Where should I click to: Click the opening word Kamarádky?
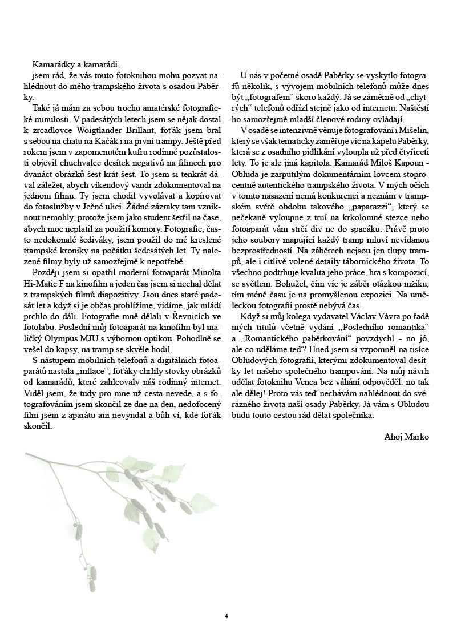(x=53, y=64)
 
